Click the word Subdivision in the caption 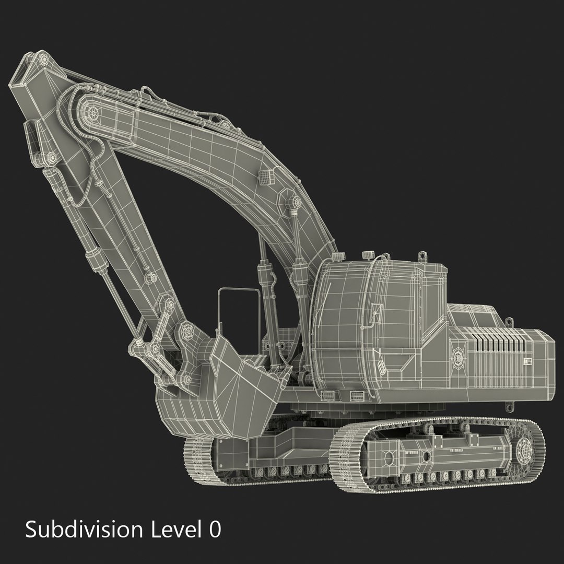tap(83, 530)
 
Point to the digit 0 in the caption tap(215, 530)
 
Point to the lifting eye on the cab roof tap(421, 256)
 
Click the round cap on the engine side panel tap(459, 357)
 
